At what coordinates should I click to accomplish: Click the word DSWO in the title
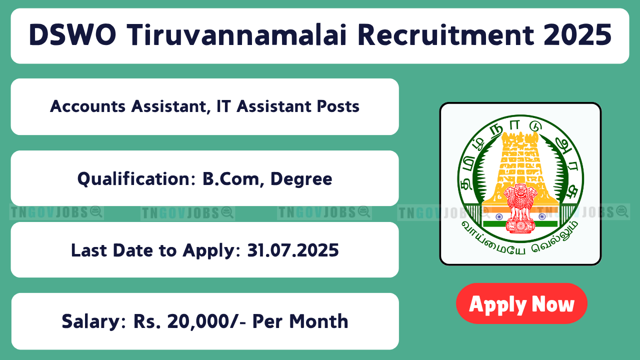[x=72, y=35]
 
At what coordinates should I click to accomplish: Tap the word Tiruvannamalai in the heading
[x=236, y=35]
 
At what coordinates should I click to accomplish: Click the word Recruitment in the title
[x=445, y=35]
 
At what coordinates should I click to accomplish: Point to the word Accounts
[x=87, y=106]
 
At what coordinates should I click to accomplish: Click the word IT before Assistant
[x=223, y=106]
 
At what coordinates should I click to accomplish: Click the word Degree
[x=301, y=179]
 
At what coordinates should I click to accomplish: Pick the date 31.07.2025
[x=293, y=250]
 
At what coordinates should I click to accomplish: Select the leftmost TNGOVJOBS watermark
[x=56, y=212]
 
